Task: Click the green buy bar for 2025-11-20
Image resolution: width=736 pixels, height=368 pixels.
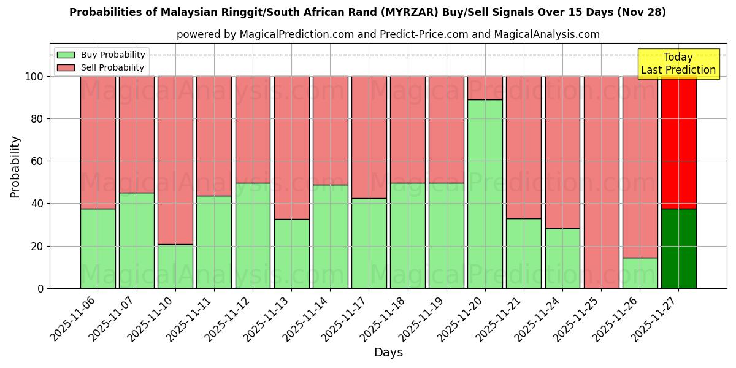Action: pyautogui.click(x=485, y=194)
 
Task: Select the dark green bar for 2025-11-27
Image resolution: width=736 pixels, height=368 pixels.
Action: pyautogui.click(x=678, y=248)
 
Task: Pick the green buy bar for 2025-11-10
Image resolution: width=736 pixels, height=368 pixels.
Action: pyautogui.click(x=175, y=266)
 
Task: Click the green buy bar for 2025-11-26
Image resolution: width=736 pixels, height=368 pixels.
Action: pyautogui.click(x=640, y=273)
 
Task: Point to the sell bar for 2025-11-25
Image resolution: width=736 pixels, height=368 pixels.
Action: pyautogui.click(x=601, y=182)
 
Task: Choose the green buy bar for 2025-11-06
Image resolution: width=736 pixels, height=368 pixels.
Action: pyautogui.click(x=98, y=248)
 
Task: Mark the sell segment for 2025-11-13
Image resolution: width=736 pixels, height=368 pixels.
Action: pyautogui.click(x=291, y=148)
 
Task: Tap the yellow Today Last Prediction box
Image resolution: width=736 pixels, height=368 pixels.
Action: pyautogui.click(x=678, y=64)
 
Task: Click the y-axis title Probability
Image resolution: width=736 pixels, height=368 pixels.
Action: pyautogui.click(x=15, y=167)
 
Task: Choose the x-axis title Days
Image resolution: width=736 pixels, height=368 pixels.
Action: pyautogui.click(x=388, y=353)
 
